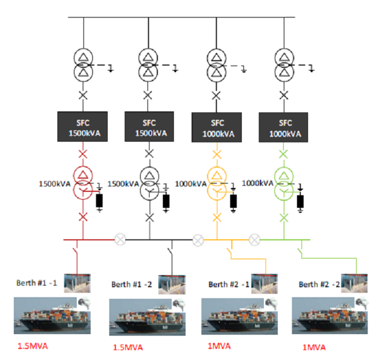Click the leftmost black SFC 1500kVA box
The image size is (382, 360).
(x=83, y=126)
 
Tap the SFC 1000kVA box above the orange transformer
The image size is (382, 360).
(x=216, y=127)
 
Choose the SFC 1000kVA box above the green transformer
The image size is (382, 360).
(x=284, y=127)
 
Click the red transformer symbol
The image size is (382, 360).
(x=83, y=183)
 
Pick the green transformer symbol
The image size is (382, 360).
(x=284, y=183)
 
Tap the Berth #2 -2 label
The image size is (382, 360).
(x=317, y=284)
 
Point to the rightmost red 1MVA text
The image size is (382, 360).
(x=314, y=347)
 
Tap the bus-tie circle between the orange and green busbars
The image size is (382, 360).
(x=254, y=239)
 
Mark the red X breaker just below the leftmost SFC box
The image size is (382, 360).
(x=83, y=152)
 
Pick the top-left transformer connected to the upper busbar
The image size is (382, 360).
(x=83, y=64)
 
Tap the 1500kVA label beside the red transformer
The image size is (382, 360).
(x=55, y=184)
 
